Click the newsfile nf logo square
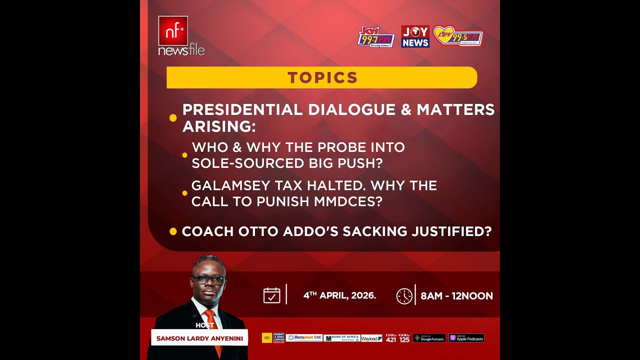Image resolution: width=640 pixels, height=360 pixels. tap(173, 30)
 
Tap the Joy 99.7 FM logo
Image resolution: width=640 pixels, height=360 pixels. tap(376, 37)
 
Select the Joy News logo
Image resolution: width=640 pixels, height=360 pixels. tap(415, 36)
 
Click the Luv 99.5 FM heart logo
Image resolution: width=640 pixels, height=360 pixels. tap(458, 36)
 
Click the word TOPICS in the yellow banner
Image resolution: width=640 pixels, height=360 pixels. tap(322, 77)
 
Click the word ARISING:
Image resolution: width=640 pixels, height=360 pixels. tap(219, 126)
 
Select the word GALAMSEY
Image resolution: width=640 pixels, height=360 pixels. tap(230, 186)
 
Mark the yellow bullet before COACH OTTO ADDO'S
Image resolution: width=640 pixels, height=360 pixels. tap(173, 231)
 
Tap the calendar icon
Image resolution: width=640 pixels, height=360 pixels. tap(271, 295)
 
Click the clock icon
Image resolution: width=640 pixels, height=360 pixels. tap(404, 296)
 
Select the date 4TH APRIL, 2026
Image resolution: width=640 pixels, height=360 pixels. tap(339, 295)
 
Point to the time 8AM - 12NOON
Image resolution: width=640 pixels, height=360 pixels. tap(456, 296)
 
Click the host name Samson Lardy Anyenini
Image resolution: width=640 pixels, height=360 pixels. tap(199, 338)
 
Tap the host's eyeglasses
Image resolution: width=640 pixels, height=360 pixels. tap(208, 279)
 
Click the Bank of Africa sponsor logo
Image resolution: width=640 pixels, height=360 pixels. tap(341, 338)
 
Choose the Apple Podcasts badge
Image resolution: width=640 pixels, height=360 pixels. tap(466, 338)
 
